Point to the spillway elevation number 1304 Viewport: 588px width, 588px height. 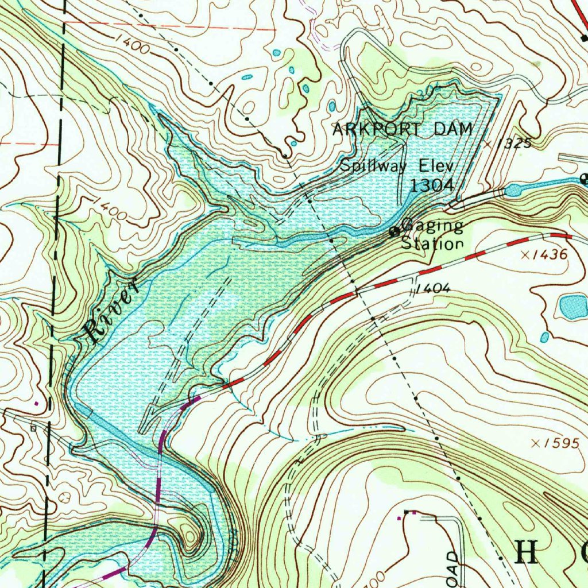click(x=432, y=185)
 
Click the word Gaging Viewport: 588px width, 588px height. click(x=432, y=226)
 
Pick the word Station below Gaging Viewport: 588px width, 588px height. click(x=432, y=243)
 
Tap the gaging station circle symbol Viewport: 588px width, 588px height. click(x=394, y=233)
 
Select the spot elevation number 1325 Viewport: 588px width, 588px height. click(x=515, y=143)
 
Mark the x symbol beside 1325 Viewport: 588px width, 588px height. click(x=488, y=144)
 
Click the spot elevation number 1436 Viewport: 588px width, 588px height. click(x=550, y=254)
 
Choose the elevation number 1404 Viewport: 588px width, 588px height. click(x=435, y=288)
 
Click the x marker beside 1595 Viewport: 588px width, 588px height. click(x=536, y=443)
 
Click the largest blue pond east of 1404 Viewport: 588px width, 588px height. click(x=573, y=307)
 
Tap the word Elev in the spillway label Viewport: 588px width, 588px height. click(x=436, y=166)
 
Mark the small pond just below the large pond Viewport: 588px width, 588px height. click(x=544, y=337)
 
